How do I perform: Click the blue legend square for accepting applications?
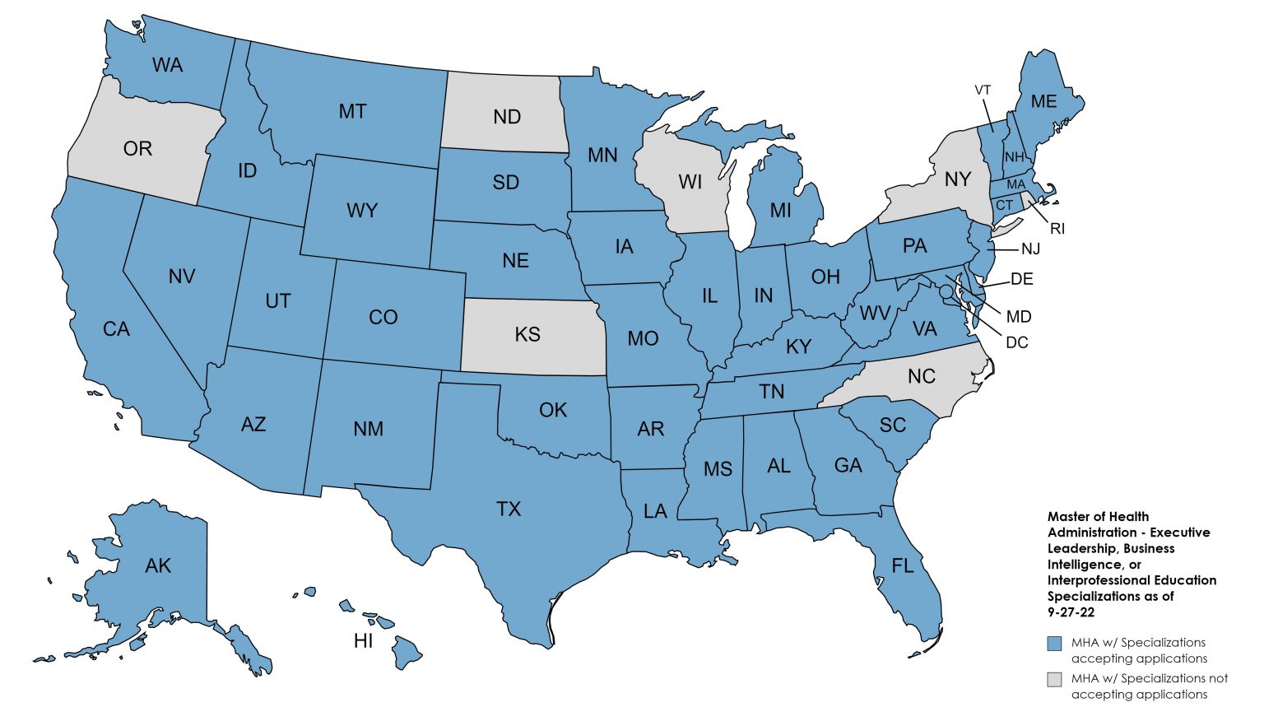click(x=1054, y=644)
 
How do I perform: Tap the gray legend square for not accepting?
click(x=1054, y=679)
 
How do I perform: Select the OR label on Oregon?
click(x=137, y=148)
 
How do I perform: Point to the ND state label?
click(x=507, y=117)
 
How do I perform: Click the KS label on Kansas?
click(x=527, y=334)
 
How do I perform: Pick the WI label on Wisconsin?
click(x=690, y=182)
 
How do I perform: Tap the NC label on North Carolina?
click(x=922, y=376)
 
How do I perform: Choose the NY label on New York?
click(x=957, y=179)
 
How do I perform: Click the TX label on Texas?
click(x=509, y=509)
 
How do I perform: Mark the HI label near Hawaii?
click(x=364, y=640)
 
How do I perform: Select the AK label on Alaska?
click(x=158, y=565)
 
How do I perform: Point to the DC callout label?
click(x=1017, y=342)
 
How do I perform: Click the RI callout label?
click(x=1057, y=229)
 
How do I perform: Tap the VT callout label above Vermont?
click(x=983, y=90)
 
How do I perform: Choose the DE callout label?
click(x=1021, y=279)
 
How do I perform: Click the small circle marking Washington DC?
click(x=946, y=291)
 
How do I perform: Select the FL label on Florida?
click(x=903, y=565)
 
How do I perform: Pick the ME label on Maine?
click(x=1043, y=101)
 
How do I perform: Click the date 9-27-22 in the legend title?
click(x=1071, y=612)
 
